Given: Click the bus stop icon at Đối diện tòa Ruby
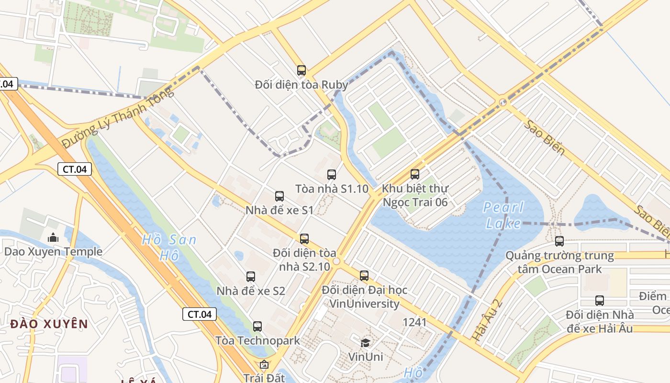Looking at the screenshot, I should point(301,70).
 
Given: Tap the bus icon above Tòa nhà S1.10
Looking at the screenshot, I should point(332,175).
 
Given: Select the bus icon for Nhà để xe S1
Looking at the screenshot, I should point(279,196).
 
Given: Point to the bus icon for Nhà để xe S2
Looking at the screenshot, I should point(251,276).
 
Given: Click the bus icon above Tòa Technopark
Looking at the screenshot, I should point(257,327).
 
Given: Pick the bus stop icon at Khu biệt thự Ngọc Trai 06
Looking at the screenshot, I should point(415,174).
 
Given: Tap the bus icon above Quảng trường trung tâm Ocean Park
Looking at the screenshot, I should point(559,241).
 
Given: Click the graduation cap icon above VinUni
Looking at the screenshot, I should point(365,343).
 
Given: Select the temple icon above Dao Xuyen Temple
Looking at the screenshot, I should point(53,237).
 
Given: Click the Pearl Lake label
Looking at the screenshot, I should point(503,215).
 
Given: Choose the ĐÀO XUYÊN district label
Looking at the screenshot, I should point(49,324).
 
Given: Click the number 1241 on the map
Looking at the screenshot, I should point(414,322).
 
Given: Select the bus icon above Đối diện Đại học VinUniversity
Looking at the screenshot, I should point(364,275).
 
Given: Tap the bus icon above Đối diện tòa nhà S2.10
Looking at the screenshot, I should point(304,238).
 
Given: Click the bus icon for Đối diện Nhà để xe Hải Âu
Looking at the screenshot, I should point(600,301).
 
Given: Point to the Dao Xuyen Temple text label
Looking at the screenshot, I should point(53,252).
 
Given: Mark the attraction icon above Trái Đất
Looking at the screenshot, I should point(264,364).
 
